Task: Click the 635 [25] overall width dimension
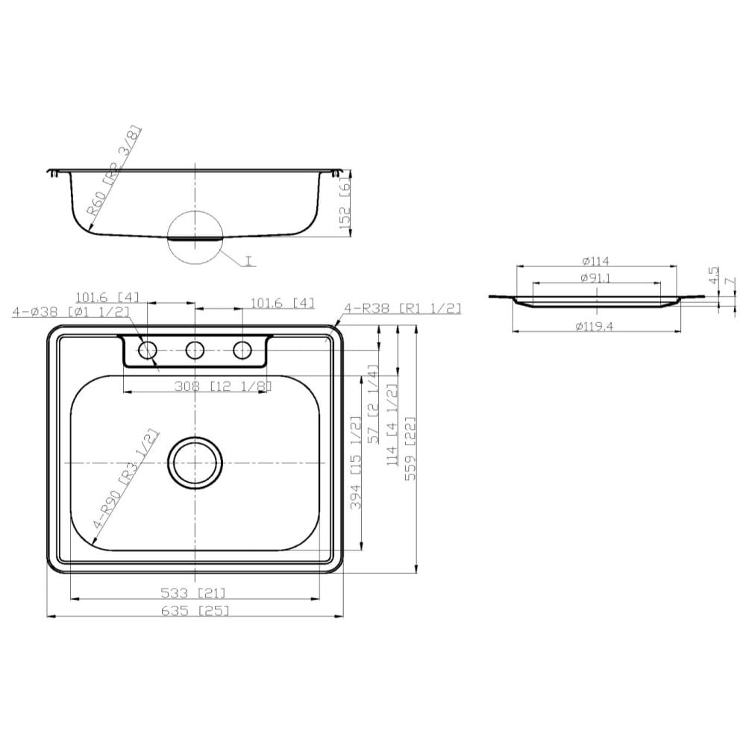[195, 610]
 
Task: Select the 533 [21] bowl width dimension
[193, 593]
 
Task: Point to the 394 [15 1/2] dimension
[357, 463]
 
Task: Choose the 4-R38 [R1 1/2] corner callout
[403, 307]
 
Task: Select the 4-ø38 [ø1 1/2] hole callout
[71, 312]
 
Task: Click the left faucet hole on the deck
[148, 349]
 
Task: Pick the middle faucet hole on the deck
[195, 349]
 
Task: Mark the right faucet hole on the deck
[243, 349]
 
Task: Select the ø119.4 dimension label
[597, 326]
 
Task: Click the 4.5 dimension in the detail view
[714, 276]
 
